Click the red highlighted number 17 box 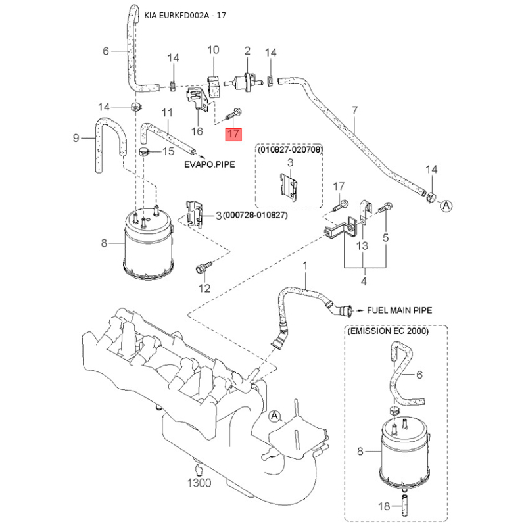234,134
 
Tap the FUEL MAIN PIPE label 398,309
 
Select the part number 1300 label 199,483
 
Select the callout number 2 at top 248,51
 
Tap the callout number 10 213,51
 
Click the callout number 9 76,138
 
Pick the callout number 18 387,506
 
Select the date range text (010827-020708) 290,150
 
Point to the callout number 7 355,110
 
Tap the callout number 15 168,152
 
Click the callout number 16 195,132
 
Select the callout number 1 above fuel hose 305,265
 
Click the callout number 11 167,113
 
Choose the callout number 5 386,236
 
